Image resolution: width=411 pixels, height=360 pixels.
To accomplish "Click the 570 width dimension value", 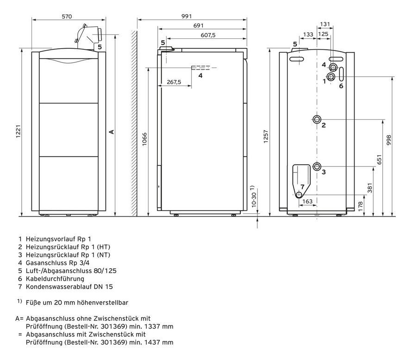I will point(67,17).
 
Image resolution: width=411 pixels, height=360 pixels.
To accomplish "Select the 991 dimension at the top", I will point(187,16).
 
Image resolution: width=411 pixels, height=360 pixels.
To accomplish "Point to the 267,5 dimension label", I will point(174,82).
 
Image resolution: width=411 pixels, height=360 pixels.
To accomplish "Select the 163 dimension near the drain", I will point(307,201).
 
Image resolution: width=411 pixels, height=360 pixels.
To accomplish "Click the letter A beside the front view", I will point(112,132).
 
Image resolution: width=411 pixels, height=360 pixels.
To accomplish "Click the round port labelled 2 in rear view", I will point(317,119).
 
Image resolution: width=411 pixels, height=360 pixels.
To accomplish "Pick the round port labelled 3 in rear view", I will point(317,167).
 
